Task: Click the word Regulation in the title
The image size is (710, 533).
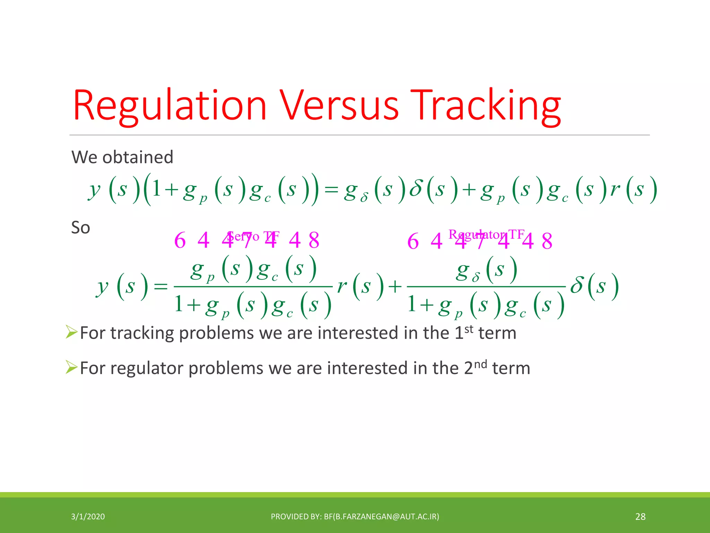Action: (x=170, y=106)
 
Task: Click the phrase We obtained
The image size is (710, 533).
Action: (x=122, y=157)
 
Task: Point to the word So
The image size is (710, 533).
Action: (x=80, y=228)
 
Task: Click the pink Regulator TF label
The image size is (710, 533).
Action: (x=486, y=235)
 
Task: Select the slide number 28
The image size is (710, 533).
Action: (x=640, y=517)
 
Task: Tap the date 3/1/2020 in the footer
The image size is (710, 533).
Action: (x=88, y=517)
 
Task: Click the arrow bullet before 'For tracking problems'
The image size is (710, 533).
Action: (x=71, y=332)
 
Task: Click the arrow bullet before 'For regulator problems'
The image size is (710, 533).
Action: (x=71, y=367)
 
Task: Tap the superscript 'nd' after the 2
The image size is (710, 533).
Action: (x=480, y=364)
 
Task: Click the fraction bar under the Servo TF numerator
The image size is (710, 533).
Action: (x=253, y=287)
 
